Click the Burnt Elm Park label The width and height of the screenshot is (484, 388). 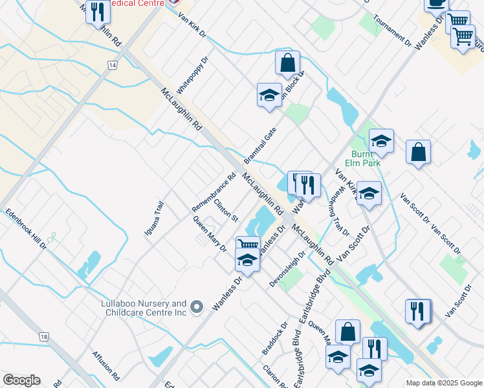click(366, 158)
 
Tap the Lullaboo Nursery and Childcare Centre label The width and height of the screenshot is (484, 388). click(143, 308)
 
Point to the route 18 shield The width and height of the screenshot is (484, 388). click(44, 337)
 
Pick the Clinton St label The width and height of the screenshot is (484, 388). click(226, 209)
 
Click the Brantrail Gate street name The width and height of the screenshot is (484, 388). click(260, 145)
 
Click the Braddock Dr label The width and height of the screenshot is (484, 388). click(274, 338)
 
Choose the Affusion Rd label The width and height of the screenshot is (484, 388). click(106, 365)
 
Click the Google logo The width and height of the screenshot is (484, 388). click(21, 380)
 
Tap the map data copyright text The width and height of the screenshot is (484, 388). click(443, 383)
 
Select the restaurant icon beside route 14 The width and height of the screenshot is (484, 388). click(98, 12)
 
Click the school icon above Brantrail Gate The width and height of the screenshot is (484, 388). click(269, 95)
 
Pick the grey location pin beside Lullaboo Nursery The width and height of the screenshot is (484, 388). click(199, 307)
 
